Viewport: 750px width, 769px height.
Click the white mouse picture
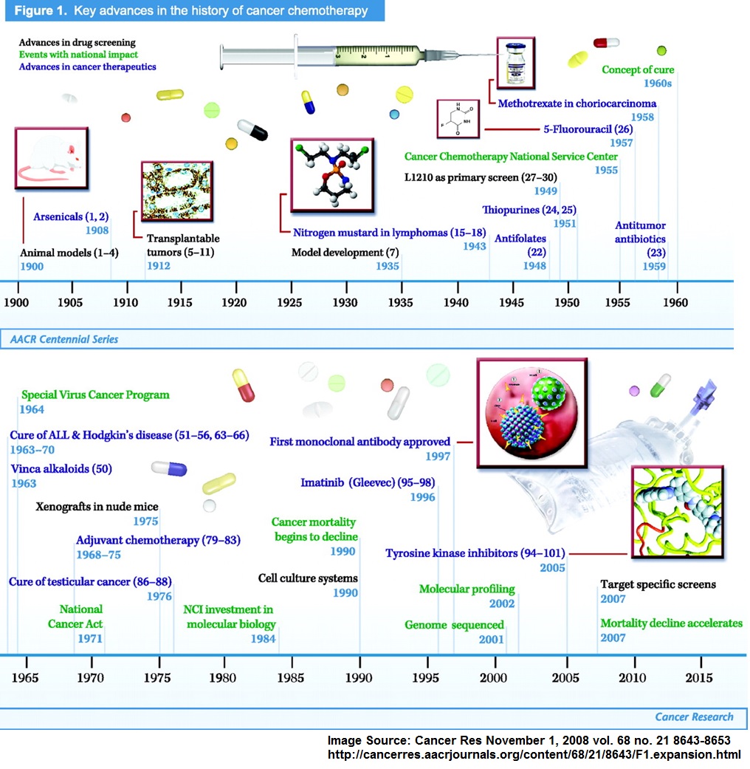51,159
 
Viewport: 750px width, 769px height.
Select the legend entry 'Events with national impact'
78,55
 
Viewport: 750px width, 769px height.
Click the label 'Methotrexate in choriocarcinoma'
565,104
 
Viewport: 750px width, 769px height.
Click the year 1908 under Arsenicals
97,230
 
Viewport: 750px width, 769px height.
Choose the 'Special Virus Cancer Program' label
95,395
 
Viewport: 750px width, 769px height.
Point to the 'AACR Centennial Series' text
64,340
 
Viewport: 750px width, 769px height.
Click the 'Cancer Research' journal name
694,717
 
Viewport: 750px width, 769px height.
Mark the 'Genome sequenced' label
454,625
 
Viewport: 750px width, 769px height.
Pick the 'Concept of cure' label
638,70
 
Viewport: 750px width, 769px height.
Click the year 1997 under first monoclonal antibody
438,457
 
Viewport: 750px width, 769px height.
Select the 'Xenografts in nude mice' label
97,507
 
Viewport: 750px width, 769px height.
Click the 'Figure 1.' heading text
36,11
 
